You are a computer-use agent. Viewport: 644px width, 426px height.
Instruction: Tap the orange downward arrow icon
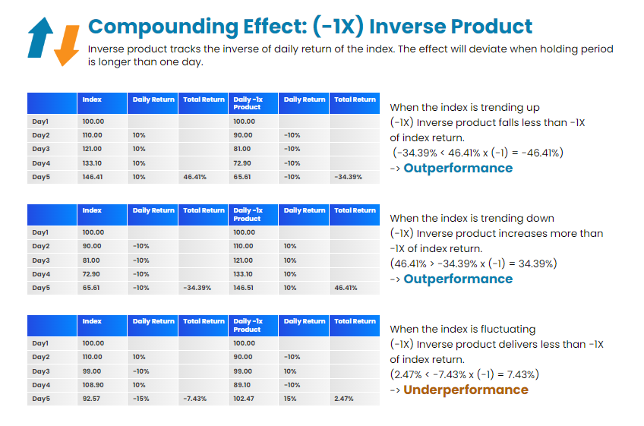coord(67,43)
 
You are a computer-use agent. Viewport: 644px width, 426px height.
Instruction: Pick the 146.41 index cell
coord(92,177)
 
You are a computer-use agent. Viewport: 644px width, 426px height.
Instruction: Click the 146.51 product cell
coord(244,288)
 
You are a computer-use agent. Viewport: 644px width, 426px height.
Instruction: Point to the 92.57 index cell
coord(91,399)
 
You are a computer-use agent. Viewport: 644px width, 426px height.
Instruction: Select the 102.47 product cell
coord(244,399)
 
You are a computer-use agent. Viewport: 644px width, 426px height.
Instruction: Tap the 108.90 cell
coord(92,385)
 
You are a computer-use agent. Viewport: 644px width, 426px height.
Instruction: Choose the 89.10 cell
coord(243,385)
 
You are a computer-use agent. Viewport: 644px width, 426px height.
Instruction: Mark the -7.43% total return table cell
coord(196,399)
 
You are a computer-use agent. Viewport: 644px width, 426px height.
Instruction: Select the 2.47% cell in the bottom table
coord(343,399)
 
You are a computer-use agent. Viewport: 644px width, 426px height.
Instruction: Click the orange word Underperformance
coord(466,390)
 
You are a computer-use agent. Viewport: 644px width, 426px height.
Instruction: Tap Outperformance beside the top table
coord(458,168)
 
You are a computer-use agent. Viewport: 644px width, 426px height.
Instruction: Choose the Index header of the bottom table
coord(92,321)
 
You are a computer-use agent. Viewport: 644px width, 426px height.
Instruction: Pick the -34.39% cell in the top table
coord(347,177)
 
